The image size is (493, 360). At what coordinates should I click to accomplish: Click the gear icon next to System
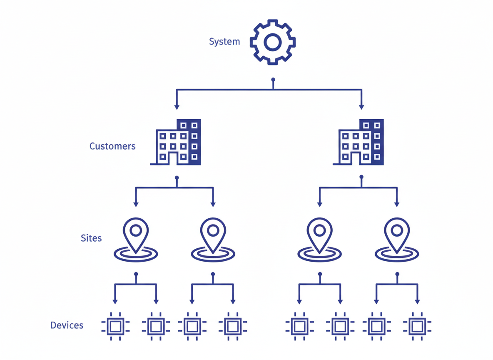(x=272, y=42)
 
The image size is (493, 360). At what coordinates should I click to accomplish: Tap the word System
(x=224, y=42)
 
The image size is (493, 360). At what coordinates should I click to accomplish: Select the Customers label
(x=112, y=146)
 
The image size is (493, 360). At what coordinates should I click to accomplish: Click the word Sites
(x=91, y=238)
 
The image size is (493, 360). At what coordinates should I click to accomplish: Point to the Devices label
(x=67, y=325)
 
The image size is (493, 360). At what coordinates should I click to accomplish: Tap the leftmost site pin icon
(x=136, y=240)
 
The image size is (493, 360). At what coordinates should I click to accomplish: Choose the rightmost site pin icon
(x=397, y=240)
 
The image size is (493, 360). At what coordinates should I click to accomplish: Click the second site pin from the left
(x=213, y=240)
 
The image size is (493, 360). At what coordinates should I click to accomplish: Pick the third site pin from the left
(x=319, y=240)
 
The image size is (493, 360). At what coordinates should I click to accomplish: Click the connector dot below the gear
(x=273, y=79)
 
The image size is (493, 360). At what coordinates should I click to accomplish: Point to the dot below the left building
(x=177, y=178)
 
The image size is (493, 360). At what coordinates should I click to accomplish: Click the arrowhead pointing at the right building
(x=361, y=107)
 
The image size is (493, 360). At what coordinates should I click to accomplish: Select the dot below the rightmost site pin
(x=397, y=274)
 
